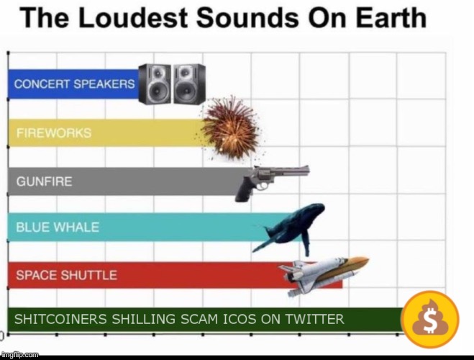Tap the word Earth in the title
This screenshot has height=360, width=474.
[x=391, y=17]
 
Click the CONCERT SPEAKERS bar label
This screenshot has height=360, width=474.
[x=74, y=84]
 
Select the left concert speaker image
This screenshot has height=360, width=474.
[x=154, y=84]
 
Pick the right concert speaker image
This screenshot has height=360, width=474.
[x=190, y=84]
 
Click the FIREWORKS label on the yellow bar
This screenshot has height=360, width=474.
[x=54, y=133]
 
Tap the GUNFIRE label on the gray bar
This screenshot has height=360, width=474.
[x=44, y=181]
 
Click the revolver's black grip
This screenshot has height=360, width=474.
[x=244, y=190]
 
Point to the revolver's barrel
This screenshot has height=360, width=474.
[x=290, y=171]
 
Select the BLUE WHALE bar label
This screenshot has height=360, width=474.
[x=58, y=228]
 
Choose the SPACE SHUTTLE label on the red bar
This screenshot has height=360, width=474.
[x=66, y=275]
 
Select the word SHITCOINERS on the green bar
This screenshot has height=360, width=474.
[x=60, y=319]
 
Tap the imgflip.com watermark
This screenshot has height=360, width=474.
[x=20, y=354]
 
